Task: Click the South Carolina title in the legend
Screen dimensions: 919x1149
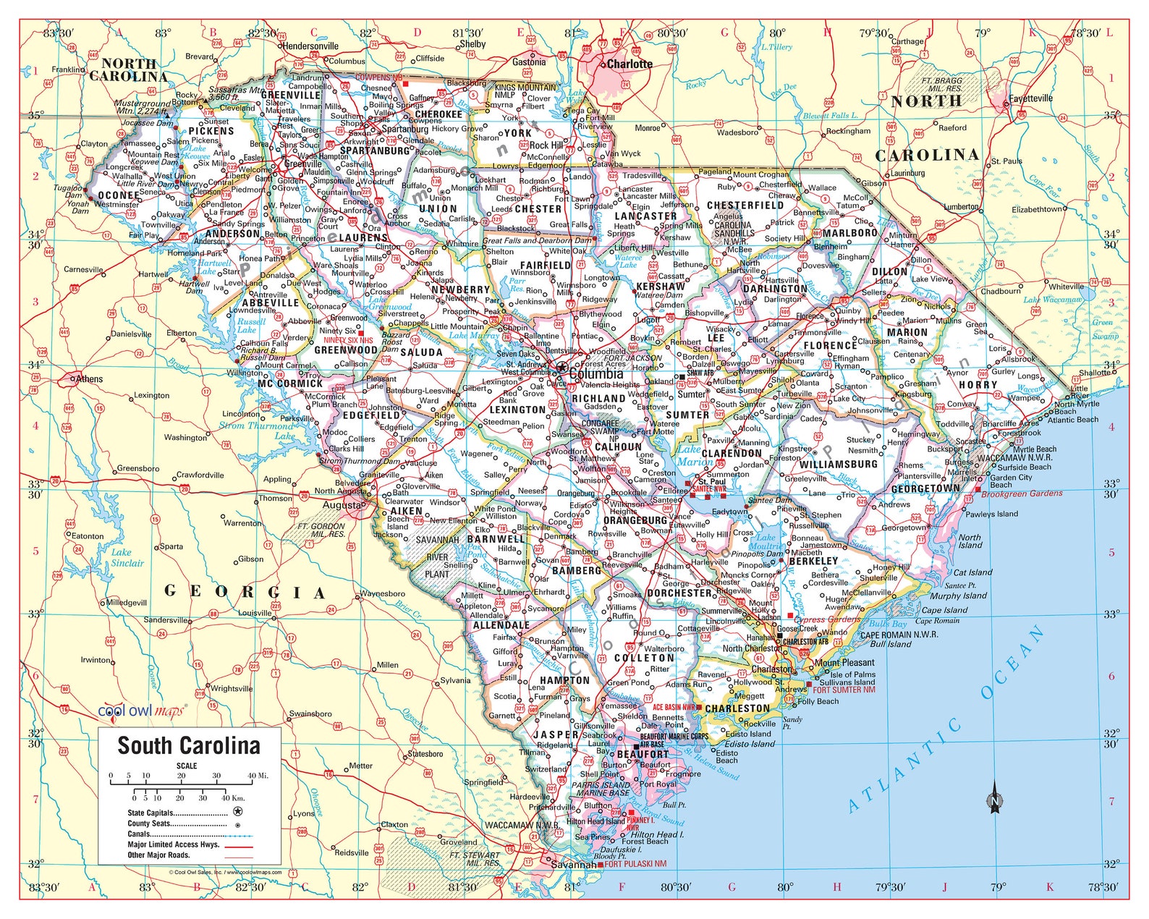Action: pyautogui.click(x=189, y=745)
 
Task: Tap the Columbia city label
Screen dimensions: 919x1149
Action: pyautogui.click(x=595, y=374)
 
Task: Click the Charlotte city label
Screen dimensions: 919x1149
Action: pyautogui.click(x=629, y=64)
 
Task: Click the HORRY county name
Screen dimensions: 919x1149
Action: pyautogui.click(x=978, y=385)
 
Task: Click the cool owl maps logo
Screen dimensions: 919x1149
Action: pyautogui.click(x=142, y=711)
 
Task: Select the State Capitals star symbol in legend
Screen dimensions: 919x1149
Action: pyautogui.click(x=237, y=813)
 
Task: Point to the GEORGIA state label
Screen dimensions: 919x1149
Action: pyautogui.click(x=245, y=592)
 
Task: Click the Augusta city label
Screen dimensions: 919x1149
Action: pyautogui.click(x=341, y=504)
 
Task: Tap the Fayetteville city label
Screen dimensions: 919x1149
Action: pyautogui.click(x=1031, y=98)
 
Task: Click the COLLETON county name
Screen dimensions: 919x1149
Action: pyautogui.click(x=644, y=658)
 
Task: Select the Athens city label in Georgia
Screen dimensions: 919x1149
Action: pyautogui.click(x=89, y=378)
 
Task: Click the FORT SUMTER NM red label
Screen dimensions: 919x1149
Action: pyautogui.click(x=843, y=690)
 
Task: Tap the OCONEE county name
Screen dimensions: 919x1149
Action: pyautogui.click(x=119, y=195)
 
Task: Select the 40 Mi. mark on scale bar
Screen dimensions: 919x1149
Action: pyautogui.click(x=258, y=776)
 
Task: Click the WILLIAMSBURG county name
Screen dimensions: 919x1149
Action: pyautogui.click(x=839, y=464)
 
